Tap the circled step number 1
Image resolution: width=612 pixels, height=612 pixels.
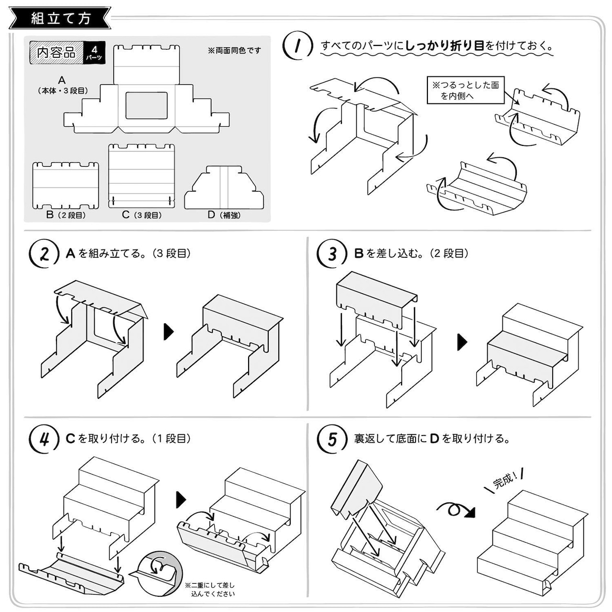[297, 46]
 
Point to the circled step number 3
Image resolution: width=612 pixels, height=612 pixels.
[332, 254]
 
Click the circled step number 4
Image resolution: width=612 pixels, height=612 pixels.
[44, 439]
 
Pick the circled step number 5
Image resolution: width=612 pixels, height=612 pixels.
[332, 439]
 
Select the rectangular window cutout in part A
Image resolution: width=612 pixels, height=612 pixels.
[146, 106]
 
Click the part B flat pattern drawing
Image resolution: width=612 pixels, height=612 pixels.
[66, 186]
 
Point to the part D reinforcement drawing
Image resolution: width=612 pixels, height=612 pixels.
[224, 188]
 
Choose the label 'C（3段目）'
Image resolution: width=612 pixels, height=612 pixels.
[142, 215]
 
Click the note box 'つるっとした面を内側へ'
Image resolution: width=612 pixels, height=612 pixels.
[465, 90]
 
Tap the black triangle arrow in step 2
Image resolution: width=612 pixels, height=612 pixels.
[168, 332]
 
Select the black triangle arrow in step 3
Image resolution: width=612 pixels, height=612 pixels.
[462, 341]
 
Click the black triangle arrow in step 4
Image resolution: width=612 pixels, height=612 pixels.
[181, 499]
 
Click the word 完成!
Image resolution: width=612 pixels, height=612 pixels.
[504, 480]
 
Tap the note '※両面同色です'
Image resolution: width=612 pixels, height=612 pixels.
[234, 50]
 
